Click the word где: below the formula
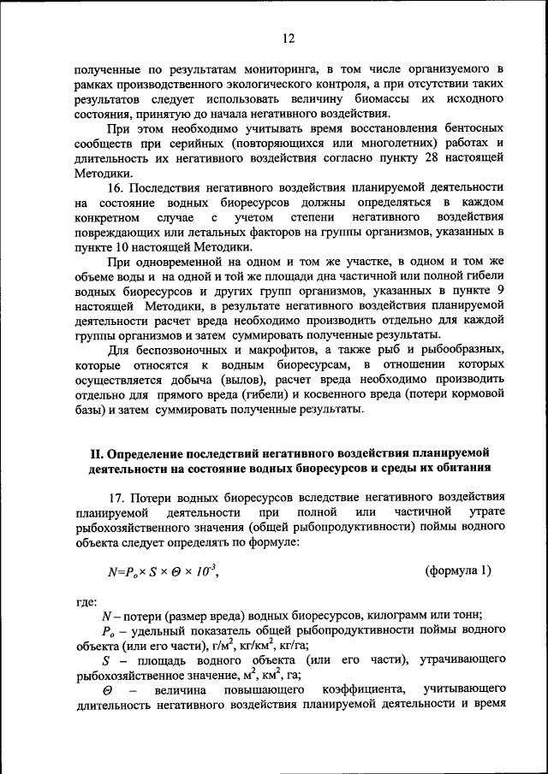[86, 601]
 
